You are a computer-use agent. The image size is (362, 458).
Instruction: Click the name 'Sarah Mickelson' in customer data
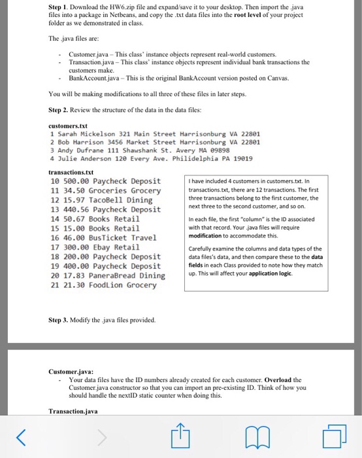(85, 133)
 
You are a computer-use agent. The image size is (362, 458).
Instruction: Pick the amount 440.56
(78, 209)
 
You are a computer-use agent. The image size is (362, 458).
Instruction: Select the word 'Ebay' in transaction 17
(108, 247)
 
